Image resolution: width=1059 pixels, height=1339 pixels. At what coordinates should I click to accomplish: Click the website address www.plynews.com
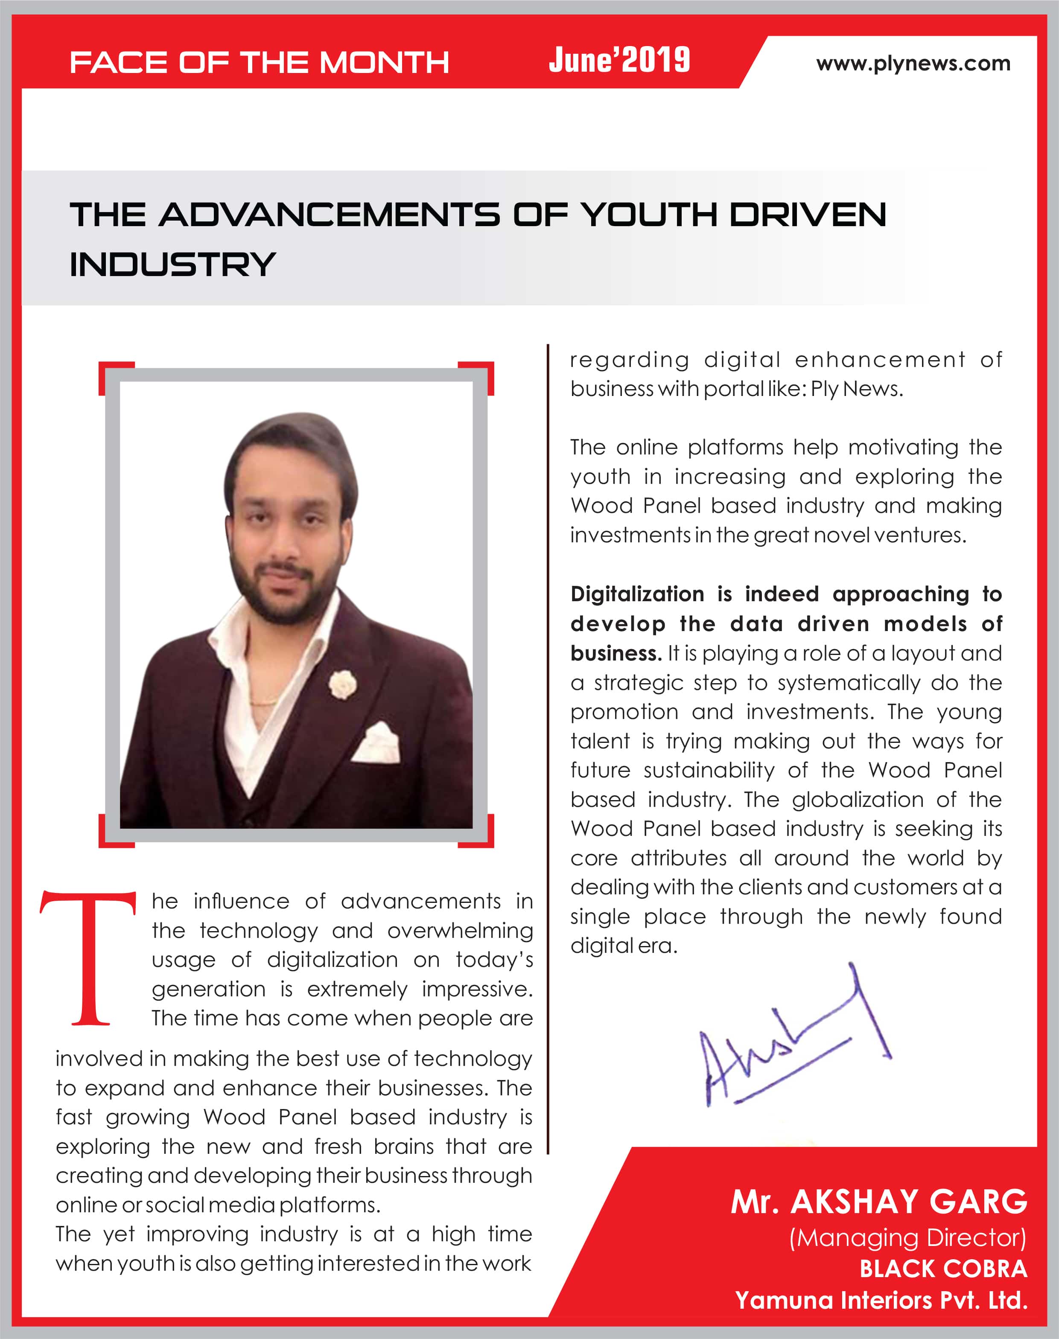[x=913, y=63]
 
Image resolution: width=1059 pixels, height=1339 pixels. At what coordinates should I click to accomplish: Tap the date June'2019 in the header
[x=619, y=60]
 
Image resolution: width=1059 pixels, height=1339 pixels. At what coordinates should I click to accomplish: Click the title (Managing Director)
[x=907, y=1238]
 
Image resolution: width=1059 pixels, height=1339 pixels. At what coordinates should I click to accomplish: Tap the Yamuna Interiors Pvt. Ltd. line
[x=881, y=1299]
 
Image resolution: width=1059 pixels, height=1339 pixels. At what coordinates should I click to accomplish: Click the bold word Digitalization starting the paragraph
[x=637, y=594]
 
